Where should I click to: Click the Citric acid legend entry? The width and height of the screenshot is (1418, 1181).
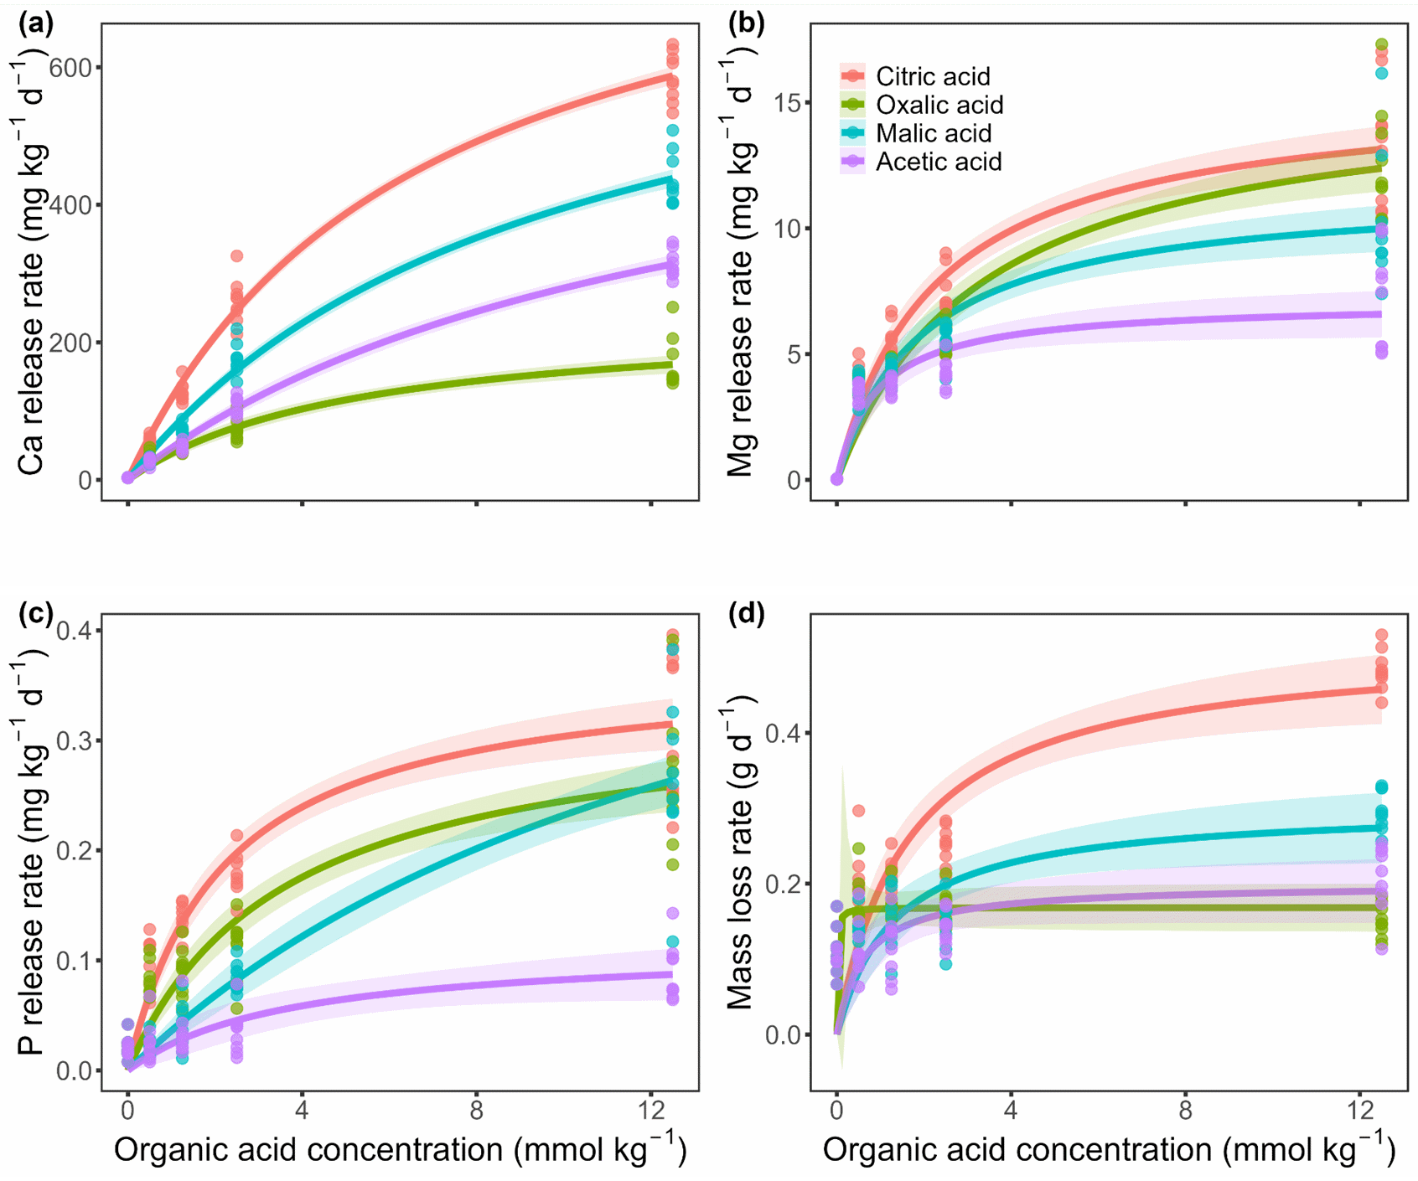pyautogui.click(x=932, y=76)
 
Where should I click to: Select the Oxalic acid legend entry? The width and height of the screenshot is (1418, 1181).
pyautogui.click(x=939, y=105)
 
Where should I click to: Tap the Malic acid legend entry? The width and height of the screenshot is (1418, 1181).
pyautogui.click(x=933, y=133)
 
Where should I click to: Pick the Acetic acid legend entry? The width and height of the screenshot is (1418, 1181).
pyautogui.click(x=938, y=162)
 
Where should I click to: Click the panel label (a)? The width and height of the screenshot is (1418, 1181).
pyautogui.click(x=35, y=23)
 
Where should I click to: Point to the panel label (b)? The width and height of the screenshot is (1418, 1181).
pyautogui.click(x=746, y=23)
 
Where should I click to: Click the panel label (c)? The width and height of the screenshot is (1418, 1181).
pyautogui.click(x=35, y=614)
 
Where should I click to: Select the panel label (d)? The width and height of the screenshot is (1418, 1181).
pyautogui.click(x=746, y=614)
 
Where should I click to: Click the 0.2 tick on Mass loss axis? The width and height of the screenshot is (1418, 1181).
pyautogui.click(x=784, y=884)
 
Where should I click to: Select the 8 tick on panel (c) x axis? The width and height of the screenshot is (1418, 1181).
pyautogui.click(x=476, y=1111)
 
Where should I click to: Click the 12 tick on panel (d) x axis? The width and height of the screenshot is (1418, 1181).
pyautogui.click(x=1359, y=1111)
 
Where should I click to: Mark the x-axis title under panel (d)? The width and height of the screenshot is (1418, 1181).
pyautogui.click(x=1109, y=1150)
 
